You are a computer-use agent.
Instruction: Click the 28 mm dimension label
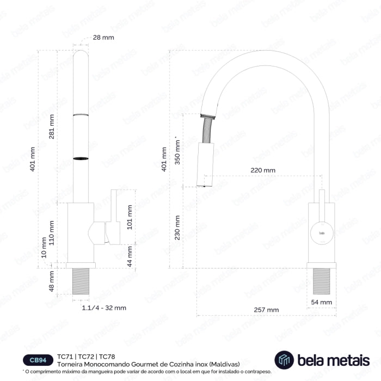point(103,37)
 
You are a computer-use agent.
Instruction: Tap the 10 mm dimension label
point(44,254)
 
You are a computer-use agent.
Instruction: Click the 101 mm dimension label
point(130,217)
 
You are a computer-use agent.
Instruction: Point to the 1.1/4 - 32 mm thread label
point(104,308)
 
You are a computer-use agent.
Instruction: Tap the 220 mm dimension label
point(262,170)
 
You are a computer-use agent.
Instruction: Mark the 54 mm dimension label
point(322,302)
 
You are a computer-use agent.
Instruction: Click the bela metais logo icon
point(284,359)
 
